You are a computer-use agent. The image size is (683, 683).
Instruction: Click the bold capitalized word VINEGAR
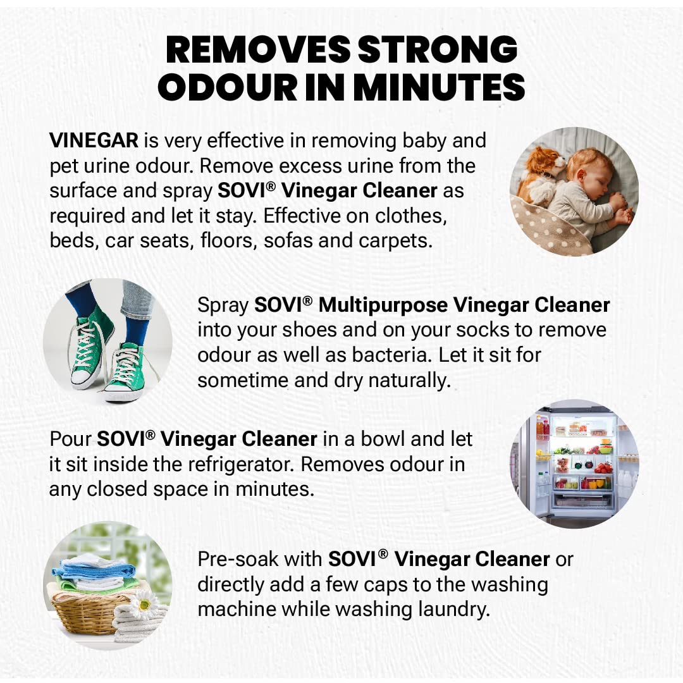coord(94,140)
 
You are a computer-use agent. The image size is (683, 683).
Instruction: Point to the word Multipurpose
coord(383,305)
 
